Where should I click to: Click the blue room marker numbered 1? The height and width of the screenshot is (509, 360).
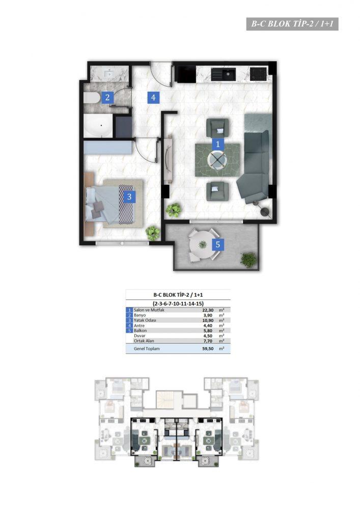click(x=218, y=144)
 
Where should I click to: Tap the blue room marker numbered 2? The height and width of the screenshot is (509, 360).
click(x=107, y=97)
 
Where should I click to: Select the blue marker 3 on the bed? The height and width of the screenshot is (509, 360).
click(x=129, y=196)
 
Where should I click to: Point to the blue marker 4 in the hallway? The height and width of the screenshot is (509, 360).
click(x=153, y=97)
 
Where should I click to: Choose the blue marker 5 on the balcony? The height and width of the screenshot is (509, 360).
click(x=218, y=244)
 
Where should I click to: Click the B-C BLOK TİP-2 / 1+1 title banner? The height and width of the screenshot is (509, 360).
click(x=292, y=24)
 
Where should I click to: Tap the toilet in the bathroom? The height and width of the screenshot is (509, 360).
click(x=92, y=98)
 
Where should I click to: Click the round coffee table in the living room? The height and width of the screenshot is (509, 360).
click(x=218, y=159)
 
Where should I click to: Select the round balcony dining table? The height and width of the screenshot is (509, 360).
click(x=203, y=244)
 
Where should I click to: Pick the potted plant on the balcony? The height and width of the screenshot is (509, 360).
click(x=248, y=260)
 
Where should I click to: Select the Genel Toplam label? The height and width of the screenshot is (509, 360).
click(x=147, y=349)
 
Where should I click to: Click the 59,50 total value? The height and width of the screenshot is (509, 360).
click(x=208, y=349)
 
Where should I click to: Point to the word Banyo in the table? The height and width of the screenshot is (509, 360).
click(x=140, y=315)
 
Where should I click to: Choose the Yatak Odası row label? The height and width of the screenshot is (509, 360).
click(x=145, y=320)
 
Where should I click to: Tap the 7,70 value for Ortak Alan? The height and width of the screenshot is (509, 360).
click(x=208, y=341)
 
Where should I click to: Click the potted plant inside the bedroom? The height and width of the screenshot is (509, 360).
click(x=152, y=233)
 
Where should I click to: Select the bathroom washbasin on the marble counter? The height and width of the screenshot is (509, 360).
click(x=109, y=74)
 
